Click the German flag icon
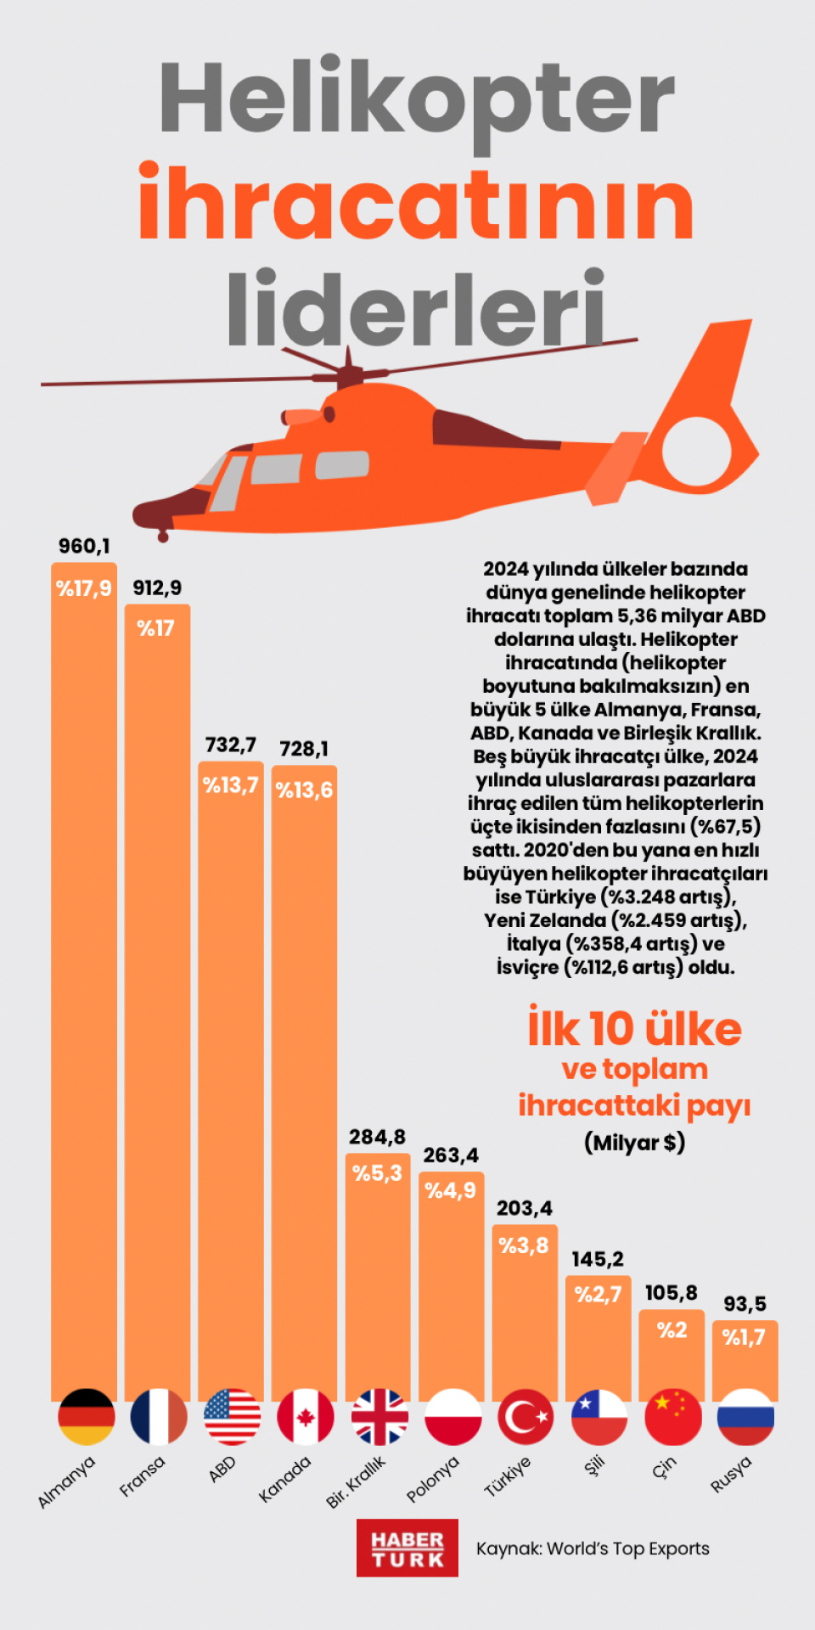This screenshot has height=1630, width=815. pyautogui.click(x=86, y=1416)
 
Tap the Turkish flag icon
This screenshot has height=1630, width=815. pyautogui.click(x=526, y=1416)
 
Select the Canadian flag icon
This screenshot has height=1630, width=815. pyautogui.click(x=306, y=1416)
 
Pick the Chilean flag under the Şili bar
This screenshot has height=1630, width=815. pyautogui.click(x=599, y=1416)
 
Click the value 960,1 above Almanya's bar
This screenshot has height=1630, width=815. pyautogui.click(x=84, y=546)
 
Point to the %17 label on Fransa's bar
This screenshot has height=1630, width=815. pyautogui.click(x=156, y=628)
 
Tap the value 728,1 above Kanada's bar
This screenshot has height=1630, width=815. pyautogui.click(x=304, y=749)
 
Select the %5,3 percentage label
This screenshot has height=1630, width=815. pyautogui.click(x=378, y=1173)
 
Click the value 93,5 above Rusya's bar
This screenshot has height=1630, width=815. pyautogui.click(x=745, y=1304)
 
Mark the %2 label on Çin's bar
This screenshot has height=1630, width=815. pyautogui.click(x=672, y=1329)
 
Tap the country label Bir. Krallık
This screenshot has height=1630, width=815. pyautogui.click(x=356, y=1482)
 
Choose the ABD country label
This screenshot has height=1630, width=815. pyautogui.click(x=222, y=1469)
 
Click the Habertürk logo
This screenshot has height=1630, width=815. pyautogui.click(x=407, y=1548)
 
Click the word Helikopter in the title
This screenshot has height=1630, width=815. pyautogui.click(x=416, y=100)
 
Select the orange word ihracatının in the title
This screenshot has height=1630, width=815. pyautogui.click(x=416, y=204)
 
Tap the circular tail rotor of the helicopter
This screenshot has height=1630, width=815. pyautogui.click(x=696, y=450)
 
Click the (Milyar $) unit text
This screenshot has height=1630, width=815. pyautogui.click(x=634, y=1143)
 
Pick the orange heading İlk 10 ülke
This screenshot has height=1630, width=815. pyautogui.click(x=634, y=1029)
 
